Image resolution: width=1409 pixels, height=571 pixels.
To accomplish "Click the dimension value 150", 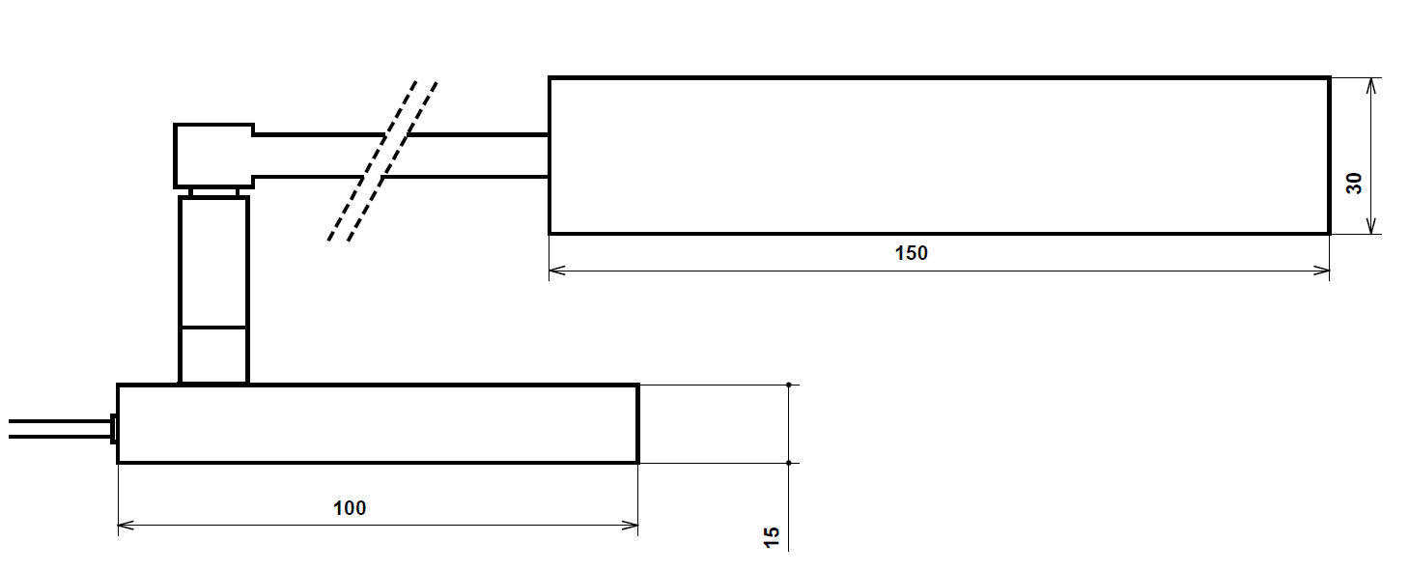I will point(911,253).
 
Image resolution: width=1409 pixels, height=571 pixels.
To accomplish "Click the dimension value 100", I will point(350,507).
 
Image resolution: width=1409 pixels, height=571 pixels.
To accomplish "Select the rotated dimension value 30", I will point(1354,183).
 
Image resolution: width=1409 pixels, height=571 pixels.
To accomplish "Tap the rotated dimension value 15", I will point(772,538).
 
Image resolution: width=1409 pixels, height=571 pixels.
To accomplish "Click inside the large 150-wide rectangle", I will point(939,156).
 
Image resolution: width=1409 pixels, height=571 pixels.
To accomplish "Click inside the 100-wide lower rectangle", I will point(377,424).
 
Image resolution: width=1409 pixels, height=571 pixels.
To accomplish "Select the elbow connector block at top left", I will point(213,155).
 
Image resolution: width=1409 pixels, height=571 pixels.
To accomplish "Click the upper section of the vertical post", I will point(213,261).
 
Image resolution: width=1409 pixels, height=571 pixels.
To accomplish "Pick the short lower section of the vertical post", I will point(213,355).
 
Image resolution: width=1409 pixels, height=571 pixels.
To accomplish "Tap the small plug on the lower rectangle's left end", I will point(113,428).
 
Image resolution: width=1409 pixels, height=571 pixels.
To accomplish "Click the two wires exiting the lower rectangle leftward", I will point(58,429).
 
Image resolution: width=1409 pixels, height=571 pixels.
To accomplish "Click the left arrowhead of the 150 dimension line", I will point(555,271).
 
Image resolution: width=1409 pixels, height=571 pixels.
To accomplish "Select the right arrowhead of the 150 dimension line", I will point(1323,271).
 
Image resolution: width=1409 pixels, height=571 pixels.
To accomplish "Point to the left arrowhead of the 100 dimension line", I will point(124,526).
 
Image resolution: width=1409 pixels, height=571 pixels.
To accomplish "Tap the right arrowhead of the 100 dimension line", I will point(632,526).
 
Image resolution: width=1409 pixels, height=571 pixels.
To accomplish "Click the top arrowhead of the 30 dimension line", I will point(1371,84).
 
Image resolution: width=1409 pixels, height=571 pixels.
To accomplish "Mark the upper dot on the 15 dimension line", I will point(789,385).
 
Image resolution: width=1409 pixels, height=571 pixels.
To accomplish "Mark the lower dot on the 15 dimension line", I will point(789,463).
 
